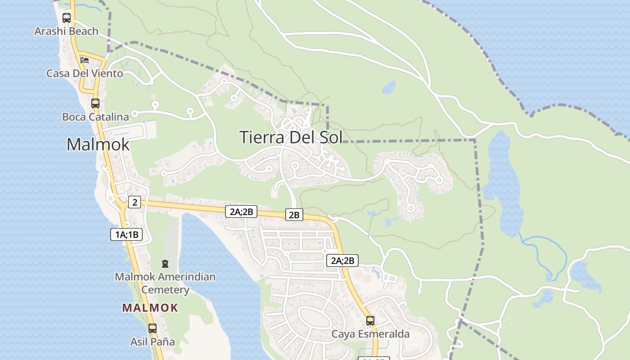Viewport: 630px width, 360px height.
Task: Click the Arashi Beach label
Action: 67,31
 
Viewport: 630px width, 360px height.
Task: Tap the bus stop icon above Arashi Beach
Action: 67,18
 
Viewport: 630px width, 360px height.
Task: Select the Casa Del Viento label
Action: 85,73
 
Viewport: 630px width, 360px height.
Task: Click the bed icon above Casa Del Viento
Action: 84,60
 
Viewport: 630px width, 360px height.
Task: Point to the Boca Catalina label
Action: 95,117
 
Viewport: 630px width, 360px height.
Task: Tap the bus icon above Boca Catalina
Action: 95,103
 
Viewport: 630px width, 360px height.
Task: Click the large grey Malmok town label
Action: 98,144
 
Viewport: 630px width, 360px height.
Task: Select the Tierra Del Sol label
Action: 291,137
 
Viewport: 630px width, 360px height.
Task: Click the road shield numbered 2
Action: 135,202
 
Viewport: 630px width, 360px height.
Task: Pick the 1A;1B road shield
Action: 126,234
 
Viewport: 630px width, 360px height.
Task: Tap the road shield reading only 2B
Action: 294,215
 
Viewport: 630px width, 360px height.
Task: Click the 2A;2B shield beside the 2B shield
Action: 241,211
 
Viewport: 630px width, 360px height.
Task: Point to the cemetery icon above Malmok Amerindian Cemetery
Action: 165,263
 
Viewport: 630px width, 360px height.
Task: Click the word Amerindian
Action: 189,277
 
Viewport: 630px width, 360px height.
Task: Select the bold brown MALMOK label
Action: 150,308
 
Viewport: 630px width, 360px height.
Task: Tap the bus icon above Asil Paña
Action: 153,328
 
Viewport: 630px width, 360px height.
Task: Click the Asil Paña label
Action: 153,342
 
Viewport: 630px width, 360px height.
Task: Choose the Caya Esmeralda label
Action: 370,334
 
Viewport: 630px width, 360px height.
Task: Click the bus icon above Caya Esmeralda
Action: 370,321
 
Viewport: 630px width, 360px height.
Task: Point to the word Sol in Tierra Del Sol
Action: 329,137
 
